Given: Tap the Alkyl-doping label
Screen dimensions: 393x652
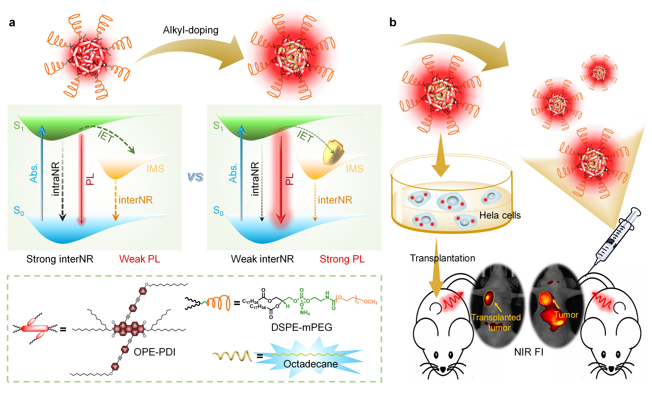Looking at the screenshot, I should point(190,30).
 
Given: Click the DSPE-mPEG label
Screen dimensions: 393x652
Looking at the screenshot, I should point(302,327).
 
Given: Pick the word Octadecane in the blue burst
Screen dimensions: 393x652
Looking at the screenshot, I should point(310,364).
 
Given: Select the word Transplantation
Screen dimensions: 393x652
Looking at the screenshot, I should point(442,258).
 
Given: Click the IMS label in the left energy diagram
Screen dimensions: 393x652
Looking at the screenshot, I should point(155,169).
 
